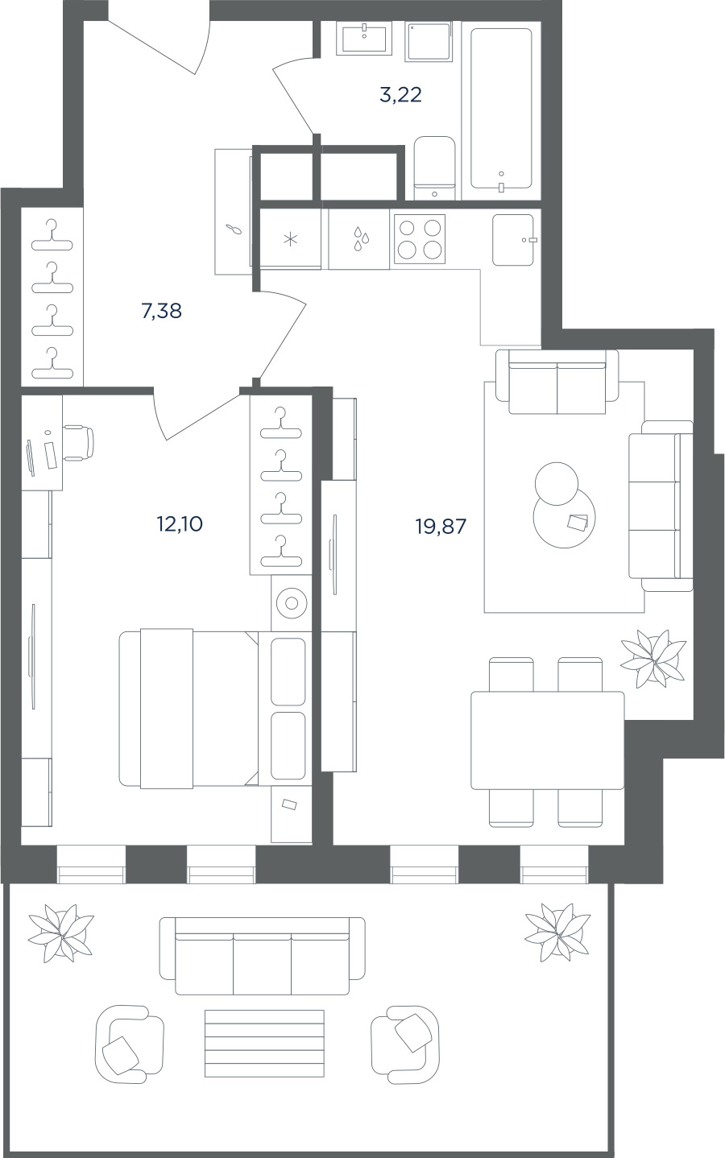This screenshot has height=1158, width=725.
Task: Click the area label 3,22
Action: point(401,95)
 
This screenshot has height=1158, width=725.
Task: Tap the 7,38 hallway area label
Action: point(161,311)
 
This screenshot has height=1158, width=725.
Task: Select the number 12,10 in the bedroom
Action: point(180,524)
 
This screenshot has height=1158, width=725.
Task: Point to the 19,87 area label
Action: point(441,527)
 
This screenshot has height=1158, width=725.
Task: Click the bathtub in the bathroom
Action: point(501,109)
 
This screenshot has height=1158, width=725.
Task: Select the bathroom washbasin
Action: point(365,38)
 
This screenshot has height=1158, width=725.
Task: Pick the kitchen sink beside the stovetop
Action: point(513,240)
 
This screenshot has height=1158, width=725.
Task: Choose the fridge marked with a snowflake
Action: point(291,239)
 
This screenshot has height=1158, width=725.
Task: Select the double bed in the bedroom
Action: point(212,708)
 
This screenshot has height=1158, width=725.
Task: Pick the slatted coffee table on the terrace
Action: point(264,1044)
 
